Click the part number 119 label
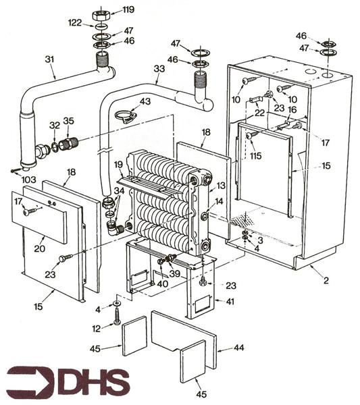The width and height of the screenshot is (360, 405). click(128, 10)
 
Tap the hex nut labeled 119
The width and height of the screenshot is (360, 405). click(103, 14)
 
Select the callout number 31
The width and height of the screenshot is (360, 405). click(49, 59)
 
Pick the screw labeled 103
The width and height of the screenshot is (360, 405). click(16, 169)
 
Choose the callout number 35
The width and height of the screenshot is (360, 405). click(68, 122)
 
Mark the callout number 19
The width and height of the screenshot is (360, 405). click(118, 165)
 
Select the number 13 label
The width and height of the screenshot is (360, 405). click(221, 186)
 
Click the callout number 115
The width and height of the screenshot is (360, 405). click(255, 156)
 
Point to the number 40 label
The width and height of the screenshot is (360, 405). click(162, 283)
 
